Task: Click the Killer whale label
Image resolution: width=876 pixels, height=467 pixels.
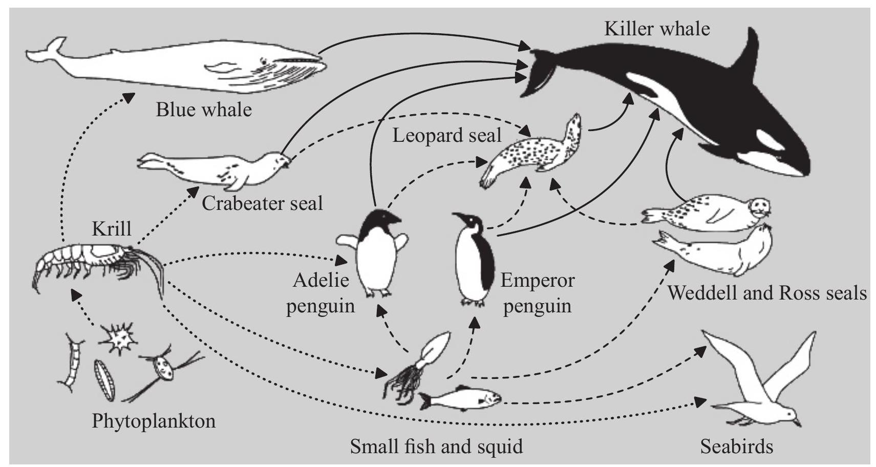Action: [657, 29]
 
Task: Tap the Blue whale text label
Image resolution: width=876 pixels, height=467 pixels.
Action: [204, 110]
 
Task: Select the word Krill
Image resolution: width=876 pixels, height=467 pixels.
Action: [112, 228]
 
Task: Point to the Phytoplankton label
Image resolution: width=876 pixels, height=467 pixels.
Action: [154, 421]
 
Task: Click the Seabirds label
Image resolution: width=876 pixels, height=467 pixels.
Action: [737, 447]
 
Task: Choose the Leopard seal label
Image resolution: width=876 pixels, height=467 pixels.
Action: [446, 136]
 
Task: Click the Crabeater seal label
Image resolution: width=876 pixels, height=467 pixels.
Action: [262, 204]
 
